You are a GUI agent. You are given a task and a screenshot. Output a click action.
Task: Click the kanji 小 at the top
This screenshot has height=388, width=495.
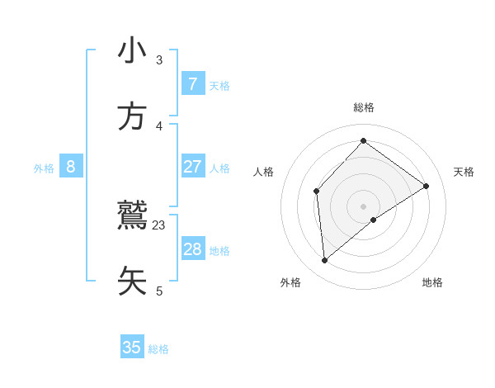132,52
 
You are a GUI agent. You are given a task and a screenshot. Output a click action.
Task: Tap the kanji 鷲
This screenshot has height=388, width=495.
132,216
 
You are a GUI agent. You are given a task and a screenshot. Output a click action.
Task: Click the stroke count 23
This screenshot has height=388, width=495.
159,225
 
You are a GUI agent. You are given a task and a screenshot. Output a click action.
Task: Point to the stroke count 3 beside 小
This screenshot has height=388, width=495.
159,60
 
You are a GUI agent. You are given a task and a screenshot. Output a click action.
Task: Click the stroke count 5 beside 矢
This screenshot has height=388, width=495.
159,291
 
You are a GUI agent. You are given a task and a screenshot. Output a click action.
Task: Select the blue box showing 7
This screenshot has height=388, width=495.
192,84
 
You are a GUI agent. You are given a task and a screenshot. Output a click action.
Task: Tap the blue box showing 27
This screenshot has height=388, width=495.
192,167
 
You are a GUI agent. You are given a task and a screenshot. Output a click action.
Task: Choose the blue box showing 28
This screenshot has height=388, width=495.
192,249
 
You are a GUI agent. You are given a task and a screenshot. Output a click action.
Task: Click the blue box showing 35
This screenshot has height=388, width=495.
132,348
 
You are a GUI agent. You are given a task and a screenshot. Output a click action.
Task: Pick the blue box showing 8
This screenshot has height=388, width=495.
71,167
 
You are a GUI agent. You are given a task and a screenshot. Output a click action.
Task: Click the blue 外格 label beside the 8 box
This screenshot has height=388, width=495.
44,168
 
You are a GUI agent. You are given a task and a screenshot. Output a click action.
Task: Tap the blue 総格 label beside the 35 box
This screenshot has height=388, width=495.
158,349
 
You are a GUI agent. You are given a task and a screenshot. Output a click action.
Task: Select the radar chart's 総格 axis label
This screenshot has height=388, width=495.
363,107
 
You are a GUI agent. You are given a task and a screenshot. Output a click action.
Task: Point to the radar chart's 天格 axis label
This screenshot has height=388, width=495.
464,172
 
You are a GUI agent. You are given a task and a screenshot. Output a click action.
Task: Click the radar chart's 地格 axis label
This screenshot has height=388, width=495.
432,282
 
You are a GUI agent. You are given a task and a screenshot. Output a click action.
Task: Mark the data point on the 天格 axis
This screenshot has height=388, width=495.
427,186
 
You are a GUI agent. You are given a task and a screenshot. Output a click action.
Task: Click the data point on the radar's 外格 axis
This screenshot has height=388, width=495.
324,261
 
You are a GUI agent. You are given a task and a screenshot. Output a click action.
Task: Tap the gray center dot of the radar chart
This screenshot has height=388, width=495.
363,206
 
